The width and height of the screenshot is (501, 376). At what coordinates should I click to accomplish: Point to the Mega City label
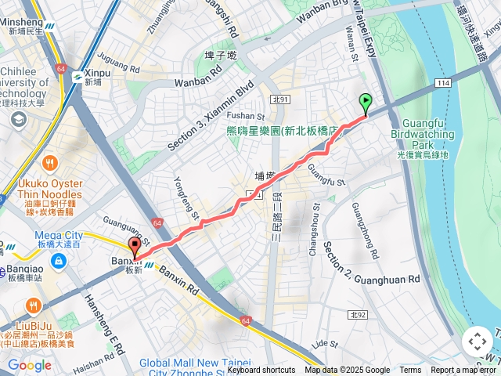58,234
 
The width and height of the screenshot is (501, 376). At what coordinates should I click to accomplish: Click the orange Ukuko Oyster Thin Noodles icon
51,164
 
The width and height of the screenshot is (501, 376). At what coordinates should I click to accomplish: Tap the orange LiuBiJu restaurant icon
32,304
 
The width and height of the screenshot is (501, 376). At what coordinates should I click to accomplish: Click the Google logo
30,365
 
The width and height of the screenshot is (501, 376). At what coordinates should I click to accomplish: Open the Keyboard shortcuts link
261,371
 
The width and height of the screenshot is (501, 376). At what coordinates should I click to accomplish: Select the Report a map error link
463,371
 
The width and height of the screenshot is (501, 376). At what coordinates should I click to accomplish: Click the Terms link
410,371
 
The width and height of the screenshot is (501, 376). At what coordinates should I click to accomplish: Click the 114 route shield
445,82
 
